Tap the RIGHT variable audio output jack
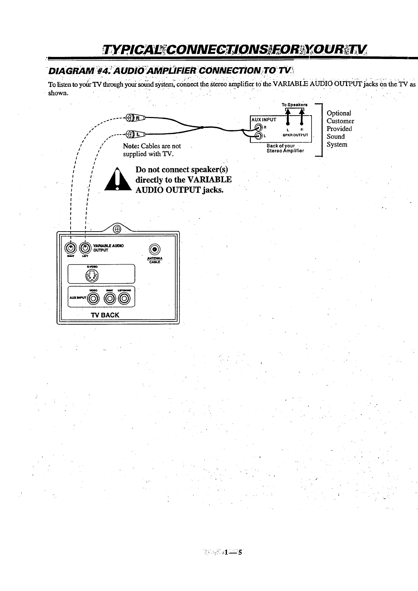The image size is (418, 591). pyautogui.click(x=71, y=248)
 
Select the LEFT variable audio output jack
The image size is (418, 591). pyautogui.click(x=86, y=248)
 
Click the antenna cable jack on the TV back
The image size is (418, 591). pyautogui.click(x=155, y=250)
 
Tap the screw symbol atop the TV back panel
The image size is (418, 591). pyautogui.click(x=117, y=229)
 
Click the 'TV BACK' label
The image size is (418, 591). pyautogui.click(x=105, y=315)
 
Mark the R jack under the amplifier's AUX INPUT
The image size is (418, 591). pyautogui.click(x=259, y=128)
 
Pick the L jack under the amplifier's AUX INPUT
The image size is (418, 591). pyautogui.click(x=259, y=136)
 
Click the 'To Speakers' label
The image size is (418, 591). pyautogui.click(x=294, y=105)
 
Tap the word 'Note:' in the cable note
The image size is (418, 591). pyautogui.click(x=131, y=146)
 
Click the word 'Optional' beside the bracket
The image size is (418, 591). pyautogui.click(x=339, y=113)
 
